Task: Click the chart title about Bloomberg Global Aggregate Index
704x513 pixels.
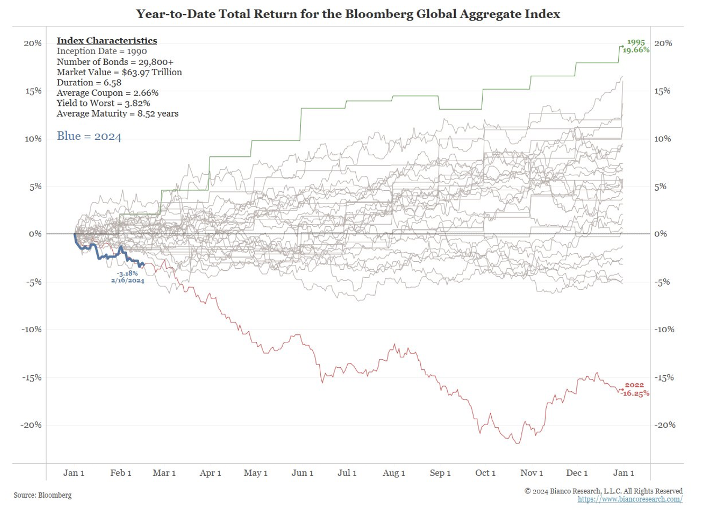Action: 348,14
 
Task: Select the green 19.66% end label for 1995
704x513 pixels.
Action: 636,50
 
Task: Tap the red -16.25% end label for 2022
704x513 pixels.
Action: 636,393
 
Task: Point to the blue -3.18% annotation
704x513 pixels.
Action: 127,273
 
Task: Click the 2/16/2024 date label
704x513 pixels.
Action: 128,280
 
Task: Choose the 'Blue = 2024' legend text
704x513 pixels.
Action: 89,136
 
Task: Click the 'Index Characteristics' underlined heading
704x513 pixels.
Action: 107,41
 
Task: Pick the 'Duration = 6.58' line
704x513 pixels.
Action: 89,82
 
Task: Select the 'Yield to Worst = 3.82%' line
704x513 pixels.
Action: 103,103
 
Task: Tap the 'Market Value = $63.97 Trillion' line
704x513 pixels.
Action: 119,72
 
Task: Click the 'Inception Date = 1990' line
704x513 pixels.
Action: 102,51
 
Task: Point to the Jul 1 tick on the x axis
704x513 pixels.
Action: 347,473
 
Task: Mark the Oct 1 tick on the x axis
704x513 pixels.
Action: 485,473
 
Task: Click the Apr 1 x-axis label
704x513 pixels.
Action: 210,473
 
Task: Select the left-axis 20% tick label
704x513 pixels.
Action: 32,43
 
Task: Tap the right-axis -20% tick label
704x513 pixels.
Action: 665,425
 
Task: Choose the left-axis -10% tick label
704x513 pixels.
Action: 31,330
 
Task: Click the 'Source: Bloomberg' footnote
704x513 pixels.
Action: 42,495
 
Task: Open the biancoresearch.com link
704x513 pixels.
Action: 630,499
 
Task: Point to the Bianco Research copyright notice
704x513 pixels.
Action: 603,491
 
